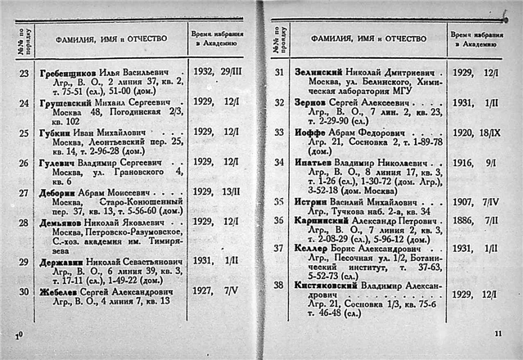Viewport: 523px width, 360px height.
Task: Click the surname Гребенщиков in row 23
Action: click(x=71, y=74)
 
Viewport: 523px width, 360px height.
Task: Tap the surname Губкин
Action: click(x=58, y=132)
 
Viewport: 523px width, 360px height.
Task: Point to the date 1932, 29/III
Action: click(x=217, y=74)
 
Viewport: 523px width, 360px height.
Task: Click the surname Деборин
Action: click(x=61, y=191)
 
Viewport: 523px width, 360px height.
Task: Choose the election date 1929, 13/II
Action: click(x=217, y=191)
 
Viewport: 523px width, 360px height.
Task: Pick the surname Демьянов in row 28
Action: click(x=66, y=222)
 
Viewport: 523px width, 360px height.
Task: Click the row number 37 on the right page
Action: click(x=277, y=249)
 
